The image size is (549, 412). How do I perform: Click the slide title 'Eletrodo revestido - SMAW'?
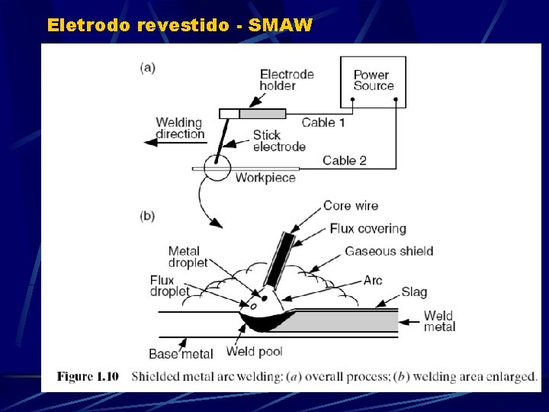click(179, 25)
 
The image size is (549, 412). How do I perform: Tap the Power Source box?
click(373, 81)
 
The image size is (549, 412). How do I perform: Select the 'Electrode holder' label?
click(287, 80)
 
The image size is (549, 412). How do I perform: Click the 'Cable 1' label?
click(323, 122)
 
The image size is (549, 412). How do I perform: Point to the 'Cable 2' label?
click(344, 160)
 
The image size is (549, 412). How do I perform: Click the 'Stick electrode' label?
click(279, 141)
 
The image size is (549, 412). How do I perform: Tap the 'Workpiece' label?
click(265, 178)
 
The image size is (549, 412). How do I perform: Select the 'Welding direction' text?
click(180, 128)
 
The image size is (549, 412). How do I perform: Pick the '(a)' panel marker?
click(148, 67)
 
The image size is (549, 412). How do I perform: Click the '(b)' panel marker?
click(148, 216)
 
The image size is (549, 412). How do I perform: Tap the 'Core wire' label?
click(350, 205)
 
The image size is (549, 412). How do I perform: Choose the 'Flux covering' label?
click(368, 228)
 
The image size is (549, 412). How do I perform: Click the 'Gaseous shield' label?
click(389, 251)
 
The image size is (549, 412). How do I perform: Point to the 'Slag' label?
click(414, 292)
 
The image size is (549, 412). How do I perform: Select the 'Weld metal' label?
click(439, 321)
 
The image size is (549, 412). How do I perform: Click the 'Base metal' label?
click(181, 354)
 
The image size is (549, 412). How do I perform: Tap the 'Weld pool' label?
click(255, 352)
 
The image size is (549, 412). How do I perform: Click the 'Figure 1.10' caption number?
click(88, 376)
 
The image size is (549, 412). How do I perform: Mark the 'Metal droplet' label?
click(188, 256)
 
